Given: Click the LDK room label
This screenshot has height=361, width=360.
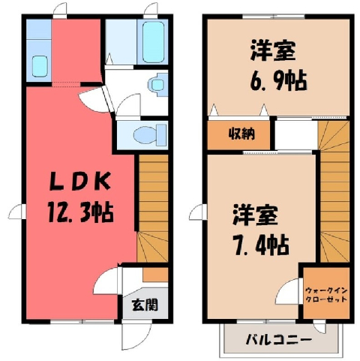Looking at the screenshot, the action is (79, 181).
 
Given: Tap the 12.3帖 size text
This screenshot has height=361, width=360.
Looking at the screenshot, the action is (80, 213).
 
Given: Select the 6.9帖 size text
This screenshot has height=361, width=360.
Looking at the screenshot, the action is (278, 80).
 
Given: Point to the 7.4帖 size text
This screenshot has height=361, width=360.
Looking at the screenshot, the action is (261, 245).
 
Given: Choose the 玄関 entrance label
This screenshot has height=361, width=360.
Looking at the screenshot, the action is (145, 305).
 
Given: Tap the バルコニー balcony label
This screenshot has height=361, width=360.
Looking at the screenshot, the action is (279, 340).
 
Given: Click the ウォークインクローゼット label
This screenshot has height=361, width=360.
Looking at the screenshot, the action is (326, 295).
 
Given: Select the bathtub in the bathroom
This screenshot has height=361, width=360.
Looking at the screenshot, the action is (153, 41).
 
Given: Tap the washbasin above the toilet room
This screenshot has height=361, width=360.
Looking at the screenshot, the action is (157, 85).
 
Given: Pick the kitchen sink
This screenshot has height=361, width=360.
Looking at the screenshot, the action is (40, 66).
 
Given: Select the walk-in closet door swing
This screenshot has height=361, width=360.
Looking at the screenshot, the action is (287, 290).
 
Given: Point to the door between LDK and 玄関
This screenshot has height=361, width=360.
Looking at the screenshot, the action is (107, 280).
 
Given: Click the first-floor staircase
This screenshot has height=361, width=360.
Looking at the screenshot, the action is (152, 208).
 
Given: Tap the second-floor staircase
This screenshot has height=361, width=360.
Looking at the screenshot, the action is (334, 191).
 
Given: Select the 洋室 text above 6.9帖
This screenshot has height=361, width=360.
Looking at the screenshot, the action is (273, 50).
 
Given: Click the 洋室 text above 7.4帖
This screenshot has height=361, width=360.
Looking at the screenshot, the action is (255, 215).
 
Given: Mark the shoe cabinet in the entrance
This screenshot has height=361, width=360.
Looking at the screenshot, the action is (155, 275).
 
